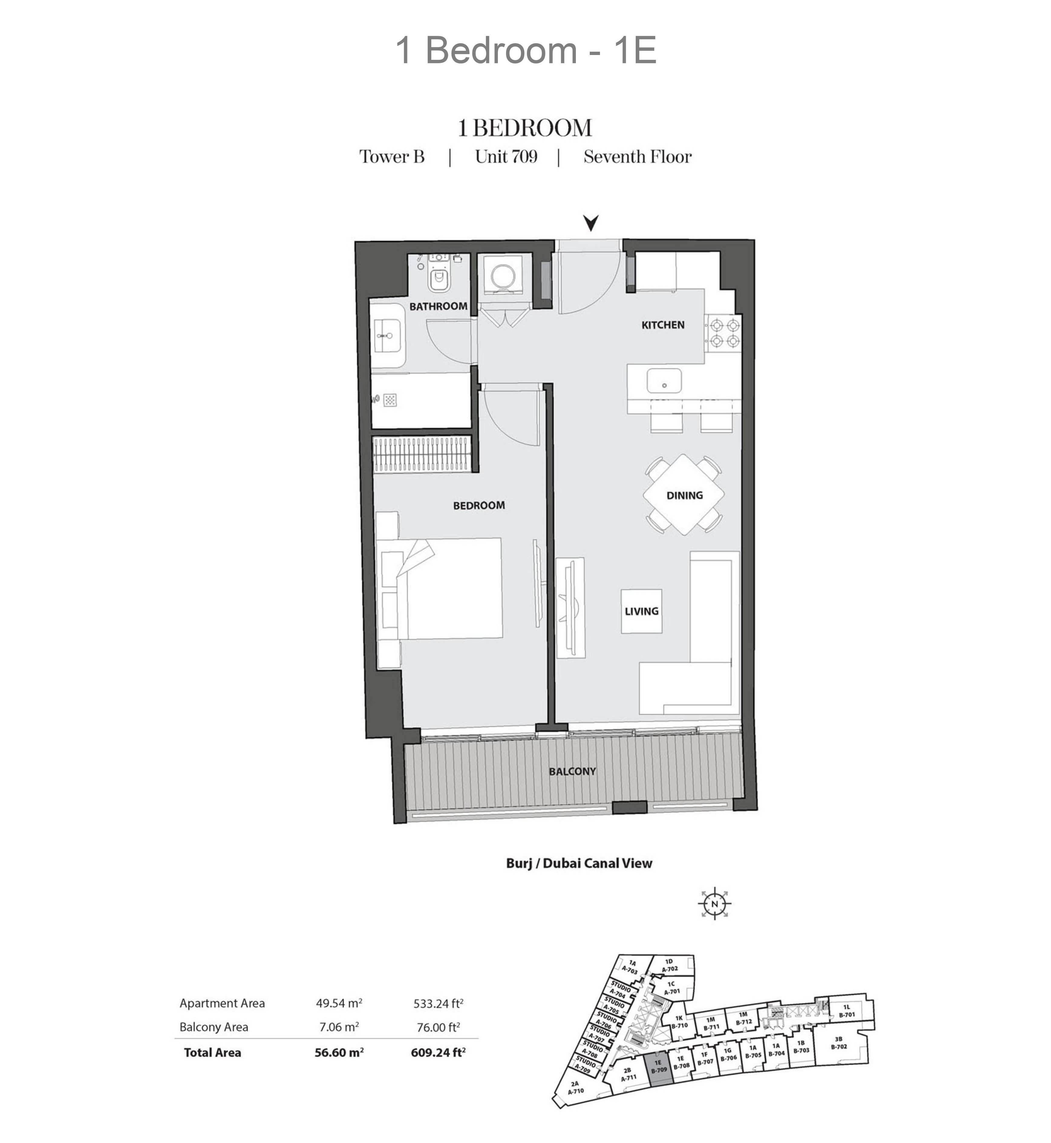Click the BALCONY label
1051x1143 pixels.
click(x=572, y=771)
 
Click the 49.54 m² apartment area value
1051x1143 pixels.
click(x=339, y=1003)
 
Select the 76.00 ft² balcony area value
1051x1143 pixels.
click(x=437, y=1027)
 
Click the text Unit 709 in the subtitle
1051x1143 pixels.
click(x=506, y=157)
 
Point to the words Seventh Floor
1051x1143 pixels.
click(x=638, y=157)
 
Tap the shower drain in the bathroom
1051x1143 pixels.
click(x=390, y=400)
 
